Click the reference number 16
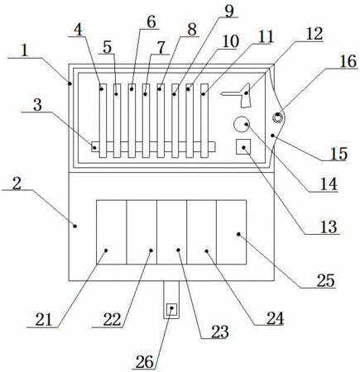click(x=348, y=61)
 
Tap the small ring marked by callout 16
click(x=277, y=117)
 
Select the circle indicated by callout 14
click(x=242, y=124)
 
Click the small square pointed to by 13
click(x=243, y=146)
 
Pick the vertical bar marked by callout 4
click(x=103, y=121)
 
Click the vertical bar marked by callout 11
click(x=204, y=121)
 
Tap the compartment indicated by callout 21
click(x=111, y=232)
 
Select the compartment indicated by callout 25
click(x=231, y=232)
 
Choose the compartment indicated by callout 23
click(x=171, y=232)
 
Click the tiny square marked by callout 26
click(x=171, y=308)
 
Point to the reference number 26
click(x=144, y=361)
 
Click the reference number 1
click(x=25, y=50)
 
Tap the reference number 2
click(x=17, y=184)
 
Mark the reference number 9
click(x=229, y=11)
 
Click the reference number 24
click(x=275, y=318)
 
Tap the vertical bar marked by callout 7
click(x=146, y=121)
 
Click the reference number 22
click(x=112, y=320)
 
